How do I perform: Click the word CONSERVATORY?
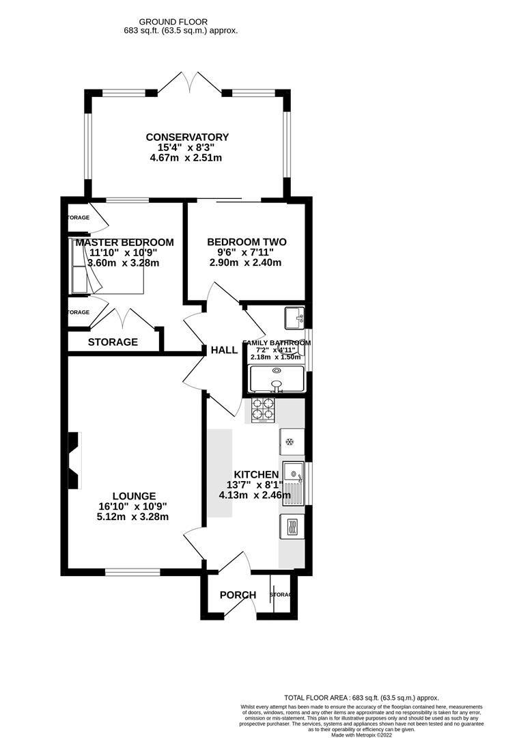coord(188,137)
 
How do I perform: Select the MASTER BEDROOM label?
coord(125,243)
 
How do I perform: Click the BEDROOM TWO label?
coord(247,242)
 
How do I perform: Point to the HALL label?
coord(224,351)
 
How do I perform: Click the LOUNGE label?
coord(135,496)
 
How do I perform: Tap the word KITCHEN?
coord(256,475)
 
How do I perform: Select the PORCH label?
coord(238,595)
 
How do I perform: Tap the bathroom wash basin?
coord(295,317)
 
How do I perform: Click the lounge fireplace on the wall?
coord(74,461)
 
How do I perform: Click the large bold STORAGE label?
coord(113,342)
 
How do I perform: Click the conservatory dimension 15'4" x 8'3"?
coord(187,148)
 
